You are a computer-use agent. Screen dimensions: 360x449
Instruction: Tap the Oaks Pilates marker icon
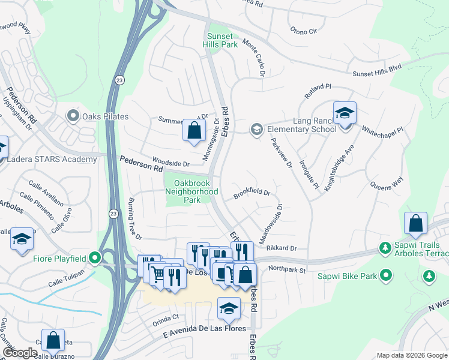click(x=74, y=115)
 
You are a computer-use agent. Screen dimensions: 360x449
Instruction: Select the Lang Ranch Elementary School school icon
click(x=256, y=129)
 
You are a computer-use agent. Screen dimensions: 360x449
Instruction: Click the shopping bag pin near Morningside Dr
click(x=194, y=130)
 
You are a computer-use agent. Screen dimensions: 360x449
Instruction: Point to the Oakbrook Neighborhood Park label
click(x=196, y=191)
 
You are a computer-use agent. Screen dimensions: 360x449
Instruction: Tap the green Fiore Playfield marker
click(x=94, y=259)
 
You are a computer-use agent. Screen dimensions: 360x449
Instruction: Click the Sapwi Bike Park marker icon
click(x=386, y=275)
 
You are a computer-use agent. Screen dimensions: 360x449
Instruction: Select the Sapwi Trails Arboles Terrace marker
click(x=384, y=247)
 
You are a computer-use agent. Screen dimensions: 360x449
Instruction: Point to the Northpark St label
click(x=287, y=269)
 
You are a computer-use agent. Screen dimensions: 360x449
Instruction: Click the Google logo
click(x=20, y=353)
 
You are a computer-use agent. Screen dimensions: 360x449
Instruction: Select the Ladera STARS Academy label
click(x=52, y=159)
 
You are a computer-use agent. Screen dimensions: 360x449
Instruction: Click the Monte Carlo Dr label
click(x=254, y=58)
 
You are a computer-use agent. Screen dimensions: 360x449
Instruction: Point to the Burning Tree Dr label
click(x=134, y=219)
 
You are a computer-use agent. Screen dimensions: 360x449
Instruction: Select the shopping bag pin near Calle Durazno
click(x=53, y=340)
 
